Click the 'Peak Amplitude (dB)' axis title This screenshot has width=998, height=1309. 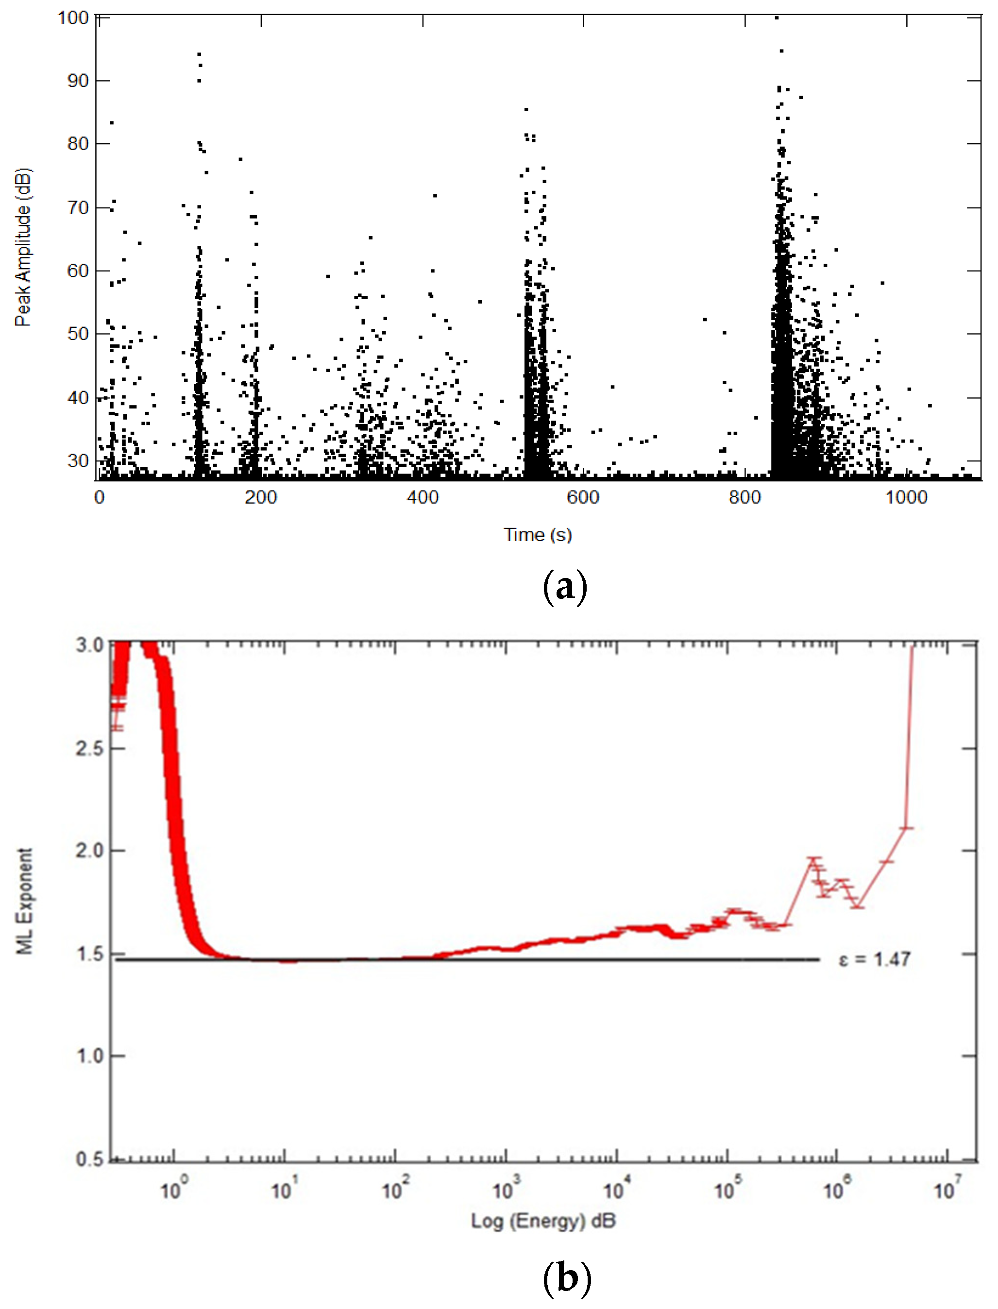point(22,248)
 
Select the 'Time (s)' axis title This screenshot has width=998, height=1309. point(538,535)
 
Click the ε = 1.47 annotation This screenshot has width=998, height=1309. point(875,959)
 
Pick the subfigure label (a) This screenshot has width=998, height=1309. point(565,586)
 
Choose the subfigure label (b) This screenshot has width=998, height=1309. point(567,1277)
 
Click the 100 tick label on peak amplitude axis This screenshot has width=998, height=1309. point(73,18)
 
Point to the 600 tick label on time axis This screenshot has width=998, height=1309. point(583,497)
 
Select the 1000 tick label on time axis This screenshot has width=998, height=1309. point(906,497)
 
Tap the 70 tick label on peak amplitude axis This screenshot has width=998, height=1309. point(78,207)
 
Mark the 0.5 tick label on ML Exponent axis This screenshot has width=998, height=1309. point(90,1158)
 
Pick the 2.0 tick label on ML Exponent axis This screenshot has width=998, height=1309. point(90,850)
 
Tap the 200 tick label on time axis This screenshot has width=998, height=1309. point(260,497)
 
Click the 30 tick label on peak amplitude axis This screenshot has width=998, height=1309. point(78,460)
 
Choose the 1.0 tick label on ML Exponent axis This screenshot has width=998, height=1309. point(90,1056)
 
